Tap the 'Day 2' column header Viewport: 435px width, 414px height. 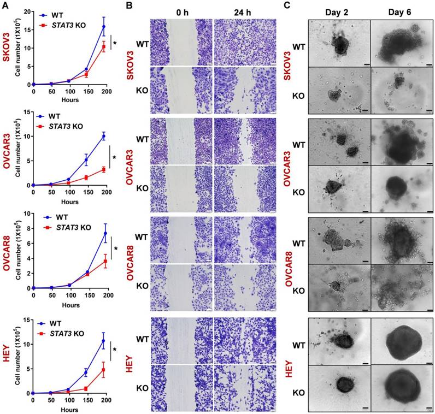[x=339, y=10]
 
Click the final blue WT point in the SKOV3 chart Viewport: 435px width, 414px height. [x=104, y=27]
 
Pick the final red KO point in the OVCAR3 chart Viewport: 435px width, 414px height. [x=104, y=170]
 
